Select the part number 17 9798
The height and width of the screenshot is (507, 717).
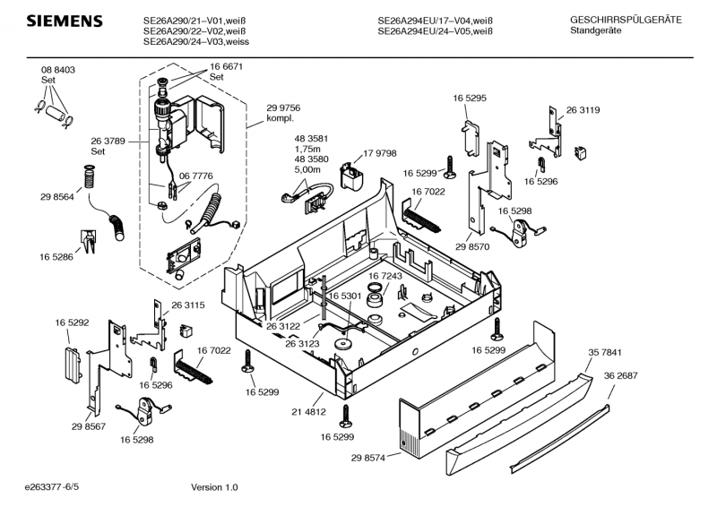[379, 154]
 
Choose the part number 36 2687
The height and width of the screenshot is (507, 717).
[620, 375]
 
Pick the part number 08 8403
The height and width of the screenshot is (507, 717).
[57, 70]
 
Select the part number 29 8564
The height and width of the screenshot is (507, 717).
[56, 196]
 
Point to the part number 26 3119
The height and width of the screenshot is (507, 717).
[583, 109]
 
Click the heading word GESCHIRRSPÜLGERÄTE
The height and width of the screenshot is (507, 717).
[626, 19]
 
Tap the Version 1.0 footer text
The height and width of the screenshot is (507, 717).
[214, 487]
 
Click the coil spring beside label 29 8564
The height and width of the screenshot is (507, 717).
[88, 179]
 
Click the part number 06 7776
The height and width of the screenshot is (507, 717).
[195, 176]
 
